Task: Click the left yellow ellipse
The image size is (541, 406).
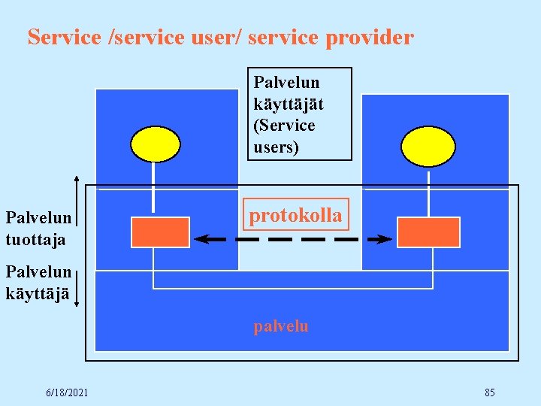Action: (156, 144)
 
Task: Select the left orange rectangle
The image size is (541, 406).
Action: (160, 232)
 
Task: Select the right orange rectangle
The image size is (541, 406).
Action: (428, 232)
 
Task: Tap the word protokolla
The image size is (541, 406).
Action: (295, 216)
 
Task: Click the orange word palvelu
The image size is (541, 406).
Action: (281, 326)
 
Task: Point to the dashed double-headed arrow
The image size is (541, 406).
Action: (293, 239)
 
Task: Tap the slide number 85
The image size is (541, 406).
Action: (489, 392)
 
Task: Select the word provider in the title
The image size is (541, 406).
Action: (370, 37)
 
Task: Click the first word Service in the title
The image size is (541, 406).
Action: (63, 37)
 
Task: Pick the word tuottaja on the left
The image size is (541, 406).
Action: (35, 240)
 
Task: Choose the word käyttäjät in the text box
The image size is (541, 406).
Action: (289, 104)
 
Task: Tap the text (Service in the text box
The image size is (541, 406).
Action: (285, 126)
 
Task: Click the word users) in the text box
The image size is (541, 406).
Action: (277, 147)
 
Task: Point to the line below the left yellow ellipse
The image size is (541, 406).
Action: (153, 189)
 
